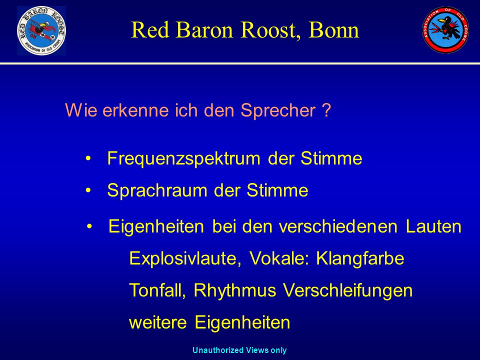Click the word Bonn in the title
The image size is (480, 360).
pyautogui.click(x=333, y=30)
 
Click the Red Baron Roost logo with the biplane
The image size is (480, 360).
pyautogui.click(x=41, y=30)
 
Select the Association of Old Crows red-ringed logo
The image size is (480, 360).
pyautogui.click(x=445, y=29)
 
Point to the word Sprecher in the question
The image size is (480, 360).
pyautogui.click(x=278, y=110)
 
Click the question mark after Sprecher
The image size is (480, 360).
pyautogui.click(x=326, y=110)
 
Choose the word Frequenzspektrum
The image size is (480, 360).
pyautogui.click(x=183, y=159)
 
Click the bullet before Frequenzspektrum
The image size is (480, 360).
pyautogui.click(x=88, y=159)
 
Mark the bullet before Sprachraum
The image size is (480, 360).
pyautogui.click(x=88, y=190)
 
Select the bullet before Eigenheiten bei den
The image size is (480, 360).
pyautogui.click(x=89, y=226)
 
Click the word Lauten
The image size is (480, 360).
pyautogui.click(x=433, y=226)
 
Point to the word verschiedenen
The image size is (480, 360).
pyautogui.click(x=338, y=226)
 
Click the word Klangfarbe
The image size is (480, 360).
pyautogui.click(x=360, y=258)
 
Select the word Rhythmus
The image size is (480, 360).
pyautogui.click(x=235, y=290)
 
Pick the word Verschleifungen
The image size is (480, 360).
pyautogui.click(x=348, y=290)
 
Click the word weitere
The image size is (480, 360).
pyautogui.click(x=158, y=322)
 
